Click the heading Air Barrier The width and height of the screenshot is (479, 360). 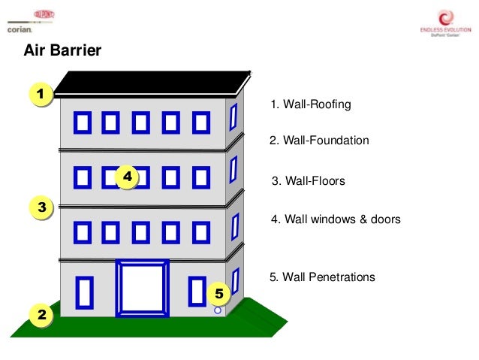[x=63, y=51]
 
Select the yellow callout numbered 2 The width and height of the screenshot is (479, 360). [x=41, y=316]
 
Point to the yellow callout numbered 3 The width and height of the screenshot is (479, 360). [x=41, y=207]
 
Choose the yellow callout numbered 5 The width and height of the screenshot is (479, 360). [x=218, y=292]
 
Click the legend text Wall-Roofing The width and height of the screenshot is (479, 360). [x=310, y=104]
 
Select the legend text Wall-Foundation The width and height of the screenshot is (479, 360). [x=319, y=141]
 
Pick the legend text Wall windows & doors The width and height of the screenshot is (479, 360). [x=336, y=220]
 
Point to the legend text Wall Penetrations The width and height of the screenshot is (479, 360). [x=322, y=277]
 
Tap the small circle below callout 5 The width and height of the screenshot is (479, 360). [x=218, y=310]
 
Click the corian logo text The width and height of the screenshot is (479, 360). [x=20, y=31]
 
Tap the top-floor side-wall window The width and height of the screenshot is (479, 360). [x=233, y=116]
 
